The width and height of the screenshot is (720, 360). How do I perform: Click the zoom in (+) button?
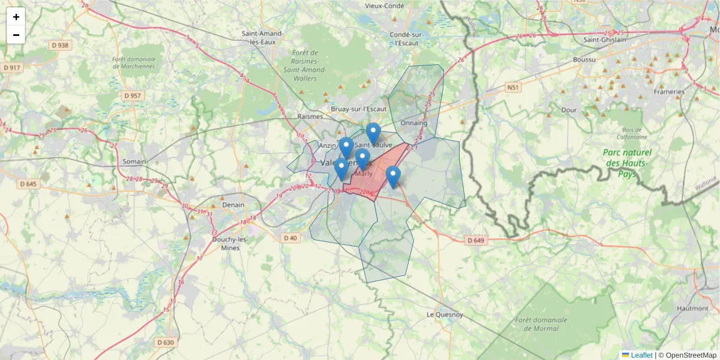(x=16, y=17)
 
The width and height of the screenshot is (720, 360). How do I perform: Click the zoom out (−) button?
(x=16, y=35)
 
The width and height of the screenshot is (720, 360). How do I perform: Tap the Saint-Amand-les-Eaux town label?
(x=262, y=38)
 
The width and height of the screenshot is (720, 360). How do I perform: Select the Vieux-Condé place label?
(x=385, y=5)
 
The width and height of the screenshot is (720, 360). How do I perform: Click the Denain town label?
(x=233, y=205)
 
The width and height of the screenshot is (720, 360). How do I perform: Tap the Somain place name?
(x=134, y=161)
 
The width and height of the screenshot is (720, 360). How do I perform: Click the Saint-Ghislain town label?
(x=605, y=40)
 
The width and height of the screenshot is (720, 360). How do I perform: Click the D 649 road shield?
(x=475, y=241)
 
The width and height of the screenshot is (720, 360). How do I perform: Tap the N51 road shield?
(x=512, y=88)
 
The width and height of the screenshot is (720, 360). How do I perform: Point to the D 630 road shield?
(x=165, y=343)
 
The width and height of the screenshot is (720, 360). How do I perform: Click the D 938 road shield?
(x=60, y=45)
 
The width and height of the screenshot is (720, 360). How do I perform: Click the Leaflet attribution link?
(x=641, y=355)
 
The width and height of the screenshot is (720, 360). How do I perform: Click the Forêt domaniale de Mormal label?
(x=541, y=324)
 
